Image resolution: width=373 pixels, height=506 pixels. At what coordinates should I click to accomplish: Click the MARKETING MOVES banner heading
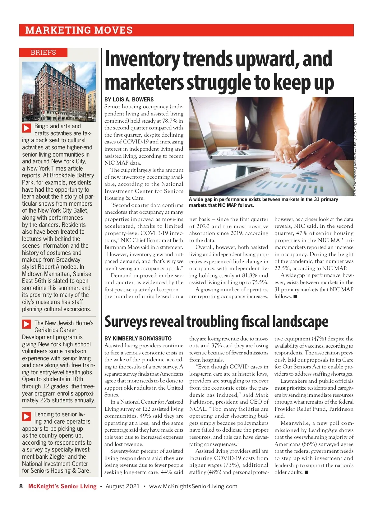pyautogui.click(x=79, y=30)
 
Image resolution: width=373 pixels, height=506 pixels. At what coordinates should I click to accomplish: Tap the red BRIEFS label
pyautogui.click(x=43, y=52)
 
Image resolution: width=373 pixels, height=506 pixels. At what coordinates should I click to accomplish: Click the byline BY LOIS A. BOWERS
pyautogui.click(x=129, y=100)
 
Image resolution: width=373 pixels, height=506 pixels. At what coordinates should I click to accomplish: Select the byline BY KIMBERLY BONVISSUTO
pyautogui.click(x=138, y=338)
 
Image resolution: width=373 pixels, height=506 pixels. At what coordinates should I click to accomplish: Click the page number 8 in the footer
pyautogui.click(x=21, y=486)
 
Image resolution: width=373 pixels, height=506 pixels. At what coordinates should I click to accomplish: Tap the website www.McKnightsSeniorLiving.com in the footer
pyautogui.click(x=193, y=486)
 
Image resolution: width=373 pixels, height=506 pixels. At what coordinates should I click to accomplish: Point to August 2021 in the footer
pyautogui.click(x=122, y=486)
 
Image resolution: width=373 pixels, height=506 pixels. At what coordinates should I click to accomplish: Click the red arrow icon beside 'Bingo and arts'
pyautogui.click(x=27, y=128)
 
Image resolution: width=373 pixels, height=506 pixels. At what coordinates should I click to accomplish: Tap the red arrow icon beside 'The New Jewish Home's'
pyautogui.click(x=27, y=324)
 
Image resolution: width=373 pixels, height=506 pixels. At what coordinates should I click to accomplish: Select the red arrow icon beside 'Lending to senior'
pyautogui.click(x=27, y=416)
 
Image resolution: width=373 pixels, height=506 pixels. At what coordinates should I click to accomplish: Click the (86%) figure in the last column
pyautogui.click(x=310, y=444)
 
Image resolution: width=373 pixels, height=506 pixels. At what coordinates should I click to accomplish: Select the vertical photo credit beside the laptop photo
pyautogui.click(x=355, y=154)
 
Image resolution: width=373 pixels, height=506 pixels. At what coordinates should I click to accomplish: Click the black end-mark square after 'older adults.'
pyautogui.click(x=307, y=472)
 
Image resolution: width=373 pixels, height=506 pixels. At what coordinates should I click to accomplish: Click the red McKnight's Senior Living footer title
pyautogui.click(x=62, y=486)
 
